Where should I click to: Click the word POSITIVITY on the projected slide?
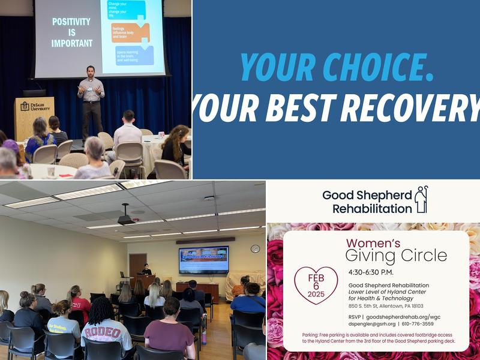pos(72,22)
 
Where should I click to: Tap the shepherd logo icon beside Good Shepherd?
pos(421,200)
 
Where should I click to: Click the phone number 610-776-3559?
pos(426,324)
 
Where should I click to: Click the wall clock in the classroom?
pos(256,248)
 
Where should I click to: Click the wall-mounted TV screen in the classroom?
pos(203,259)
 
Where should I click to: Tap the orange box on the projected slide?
pos(130,32)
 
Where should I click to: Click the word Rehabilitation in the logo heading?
pos(372,209)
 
